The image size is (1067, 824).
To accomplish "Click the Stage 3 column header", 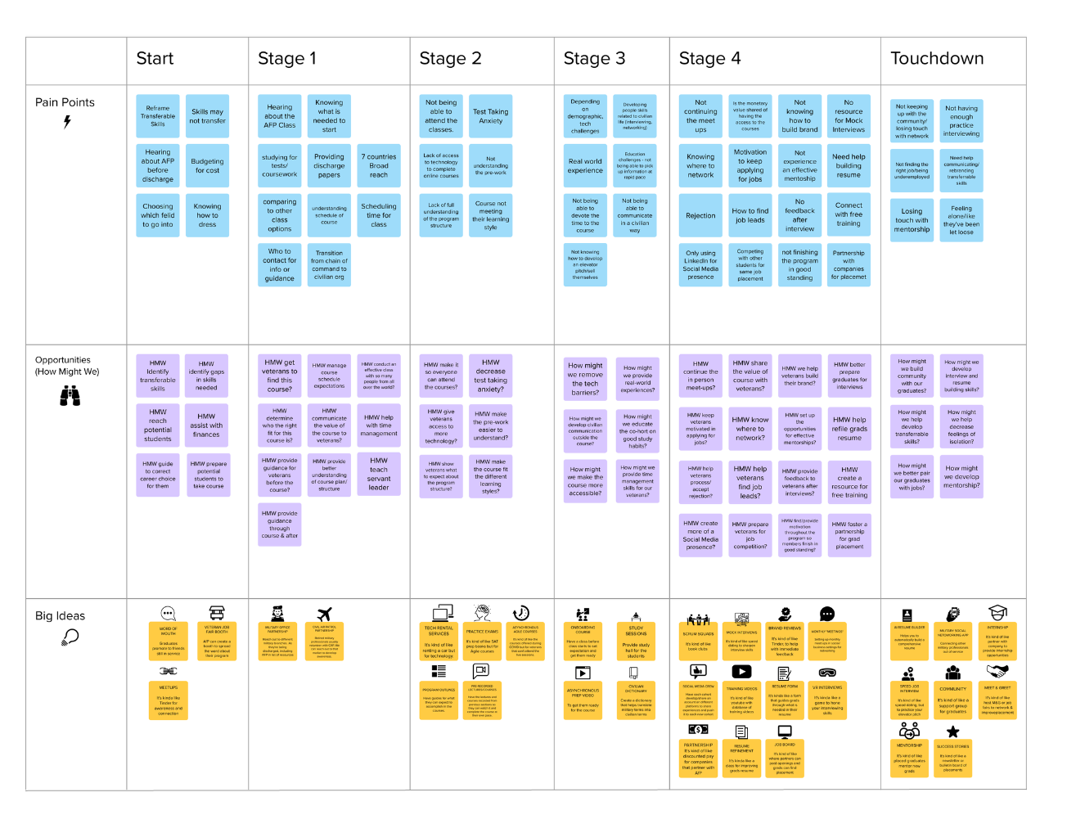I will coord(594,59).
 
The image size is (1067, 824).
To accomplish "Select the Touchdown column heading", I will coord(937,59).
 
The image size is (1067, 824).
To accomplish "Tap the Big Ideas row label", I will coord(60,616).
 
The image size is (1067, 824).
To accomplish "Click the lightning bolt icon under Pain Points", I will coord(67,122).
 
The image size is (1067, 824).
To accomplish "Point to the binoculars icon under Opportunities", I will coord(70,396).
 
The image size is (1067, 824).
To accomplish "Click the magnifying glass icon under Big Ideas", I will coord(70,637).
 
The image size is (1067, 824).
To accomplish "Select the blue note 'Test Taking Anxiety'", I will coord(491,117).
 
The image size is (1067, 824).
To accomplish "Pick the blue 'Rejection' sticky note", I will coord(700,216).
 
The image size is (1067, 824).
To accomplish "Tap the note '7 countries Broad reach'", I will coord(379,166).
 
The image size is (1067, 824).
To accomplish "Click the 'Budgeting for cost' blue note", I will coord(207,166).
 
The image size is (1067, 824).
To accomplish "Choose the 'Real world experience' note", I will coord(585,166).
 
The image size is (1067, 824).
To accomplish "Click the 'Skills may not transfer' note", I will coord(207,116).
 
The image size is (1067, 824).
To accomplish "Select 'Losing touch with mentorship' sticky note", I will coord(912,220).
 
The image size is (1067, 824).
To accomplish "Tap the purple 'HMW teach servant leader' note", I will coord(379,474).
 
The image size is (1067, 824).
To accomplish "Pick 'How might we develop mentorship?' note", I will coord(961,477).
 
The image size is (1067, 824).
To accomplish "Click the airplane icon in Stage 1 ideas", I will coord(325,614).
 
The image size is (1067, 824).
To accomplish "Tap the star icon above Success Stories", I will coord(952,732).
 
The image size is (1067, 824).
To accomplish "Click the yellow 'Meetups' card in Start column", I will coord(169,700).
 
